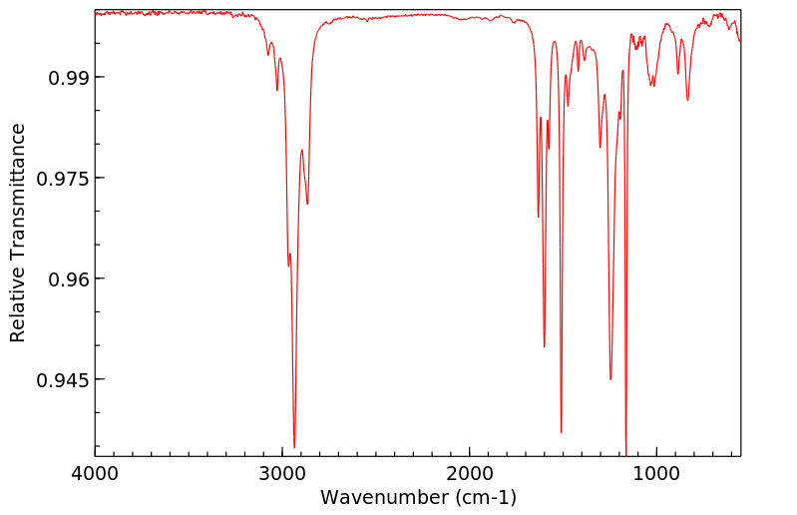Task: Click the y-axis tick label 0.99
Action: [x=69, y=77]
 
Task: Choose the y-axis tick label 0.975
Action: [x=64, y=178]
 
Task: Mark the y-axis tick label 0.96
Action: [x=69, y=278]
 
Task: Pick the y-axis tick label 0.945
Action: [x=64, y=379]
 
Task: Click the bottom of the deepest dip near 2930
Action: [x=294, y=446]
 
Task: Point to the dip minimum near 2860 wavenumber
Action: [x=307, y=204]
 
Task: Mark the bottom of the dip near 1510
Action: [x=562, y=432]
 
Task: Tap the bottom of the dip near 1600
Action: [x=544, y=346]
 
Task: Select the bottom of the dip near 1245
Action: [x=610, y=379]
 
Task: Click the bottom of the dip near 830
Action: [x=687, y=100]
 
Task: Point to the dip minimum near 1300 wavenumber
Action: [x=600, y=148]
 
